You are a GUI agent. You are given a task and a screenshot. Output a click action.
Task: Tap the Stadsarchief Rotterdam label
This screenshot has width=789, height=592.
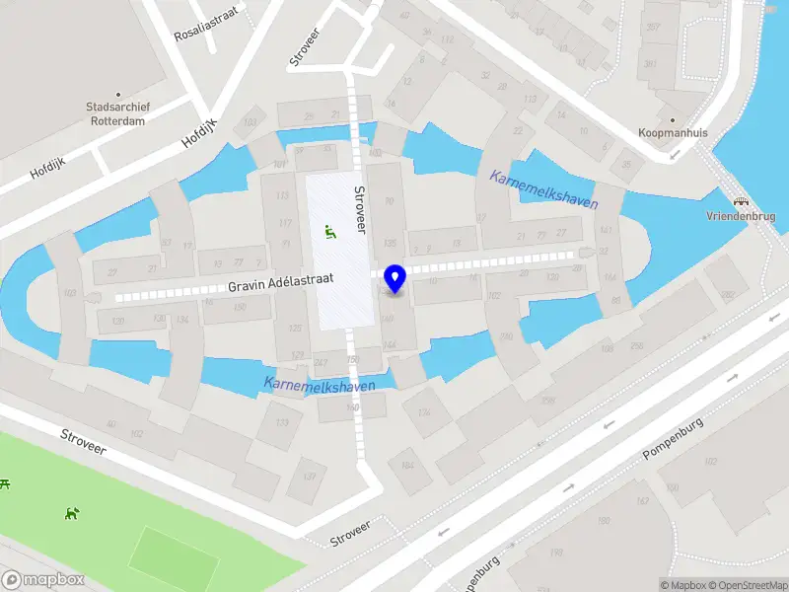[115, 113]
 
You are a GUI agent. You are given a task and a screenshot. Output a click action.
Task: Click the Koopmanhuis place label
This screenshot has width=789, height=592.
[667, 131]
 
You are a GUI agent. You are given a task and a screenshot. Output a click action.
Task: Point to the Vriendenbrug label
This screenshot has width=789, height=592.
[741, 216]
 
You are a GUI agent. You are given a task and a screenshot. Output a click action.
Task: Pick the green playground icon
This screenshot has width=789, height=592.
[329, 233]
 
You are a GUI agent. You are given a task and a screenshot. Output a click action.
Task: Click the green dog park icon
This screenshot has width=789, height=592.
[71, 513]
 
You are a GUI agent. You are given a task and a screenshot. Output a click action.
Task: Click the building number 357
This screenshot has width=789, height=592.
[652, 27]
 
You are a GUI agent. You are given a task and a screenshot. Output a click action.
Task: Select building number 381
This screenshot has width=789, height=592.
[649, 64]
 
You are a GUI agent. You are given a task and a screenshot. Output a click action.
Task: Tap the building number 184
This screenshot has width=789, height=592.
[406, 466]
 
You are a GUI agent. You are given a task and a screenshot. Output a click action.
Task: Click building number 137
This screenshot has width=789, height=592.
[308, 477]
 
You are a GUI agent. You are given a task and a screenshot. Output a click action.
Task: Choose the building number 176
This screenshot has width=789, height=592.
[424, 413]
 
